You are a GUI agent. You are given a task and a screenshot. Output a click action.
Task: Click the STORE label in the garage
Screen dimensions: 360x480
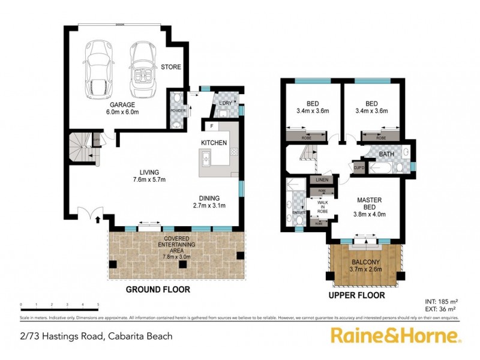click(x=167, y=68)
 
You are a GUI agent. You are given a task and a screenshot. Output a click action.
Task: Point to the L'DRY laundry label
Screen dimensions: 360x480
click(x=225, y=102)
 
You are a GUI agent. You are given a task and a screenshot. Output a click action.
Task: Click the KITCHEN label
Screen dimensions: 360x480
click(x=214, y=143)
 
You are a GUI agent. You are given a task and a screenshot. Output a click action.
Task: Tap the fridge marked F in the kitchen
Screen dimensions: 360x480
click(x=212, y=127)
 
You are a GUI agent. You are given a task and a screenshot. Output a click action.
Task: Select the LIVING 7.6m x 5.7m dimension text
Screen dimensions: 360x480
click(x=149, y=176)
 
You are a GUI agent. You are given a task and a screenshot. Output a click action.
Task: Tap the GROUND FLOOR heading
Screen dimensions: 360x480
click(x=158, y=290)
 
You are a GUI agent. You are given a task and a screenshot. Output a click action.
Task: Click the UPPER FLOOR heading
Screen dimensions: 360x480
click(x=356, y=296)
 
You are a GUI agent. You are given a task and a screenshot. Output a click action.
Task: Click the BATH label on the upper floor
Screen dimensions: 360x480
click(x=388, y=155)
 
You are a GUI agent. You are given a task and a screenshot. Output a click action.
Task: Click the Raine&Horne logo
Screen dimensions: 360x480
click(x=396, y=335)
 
